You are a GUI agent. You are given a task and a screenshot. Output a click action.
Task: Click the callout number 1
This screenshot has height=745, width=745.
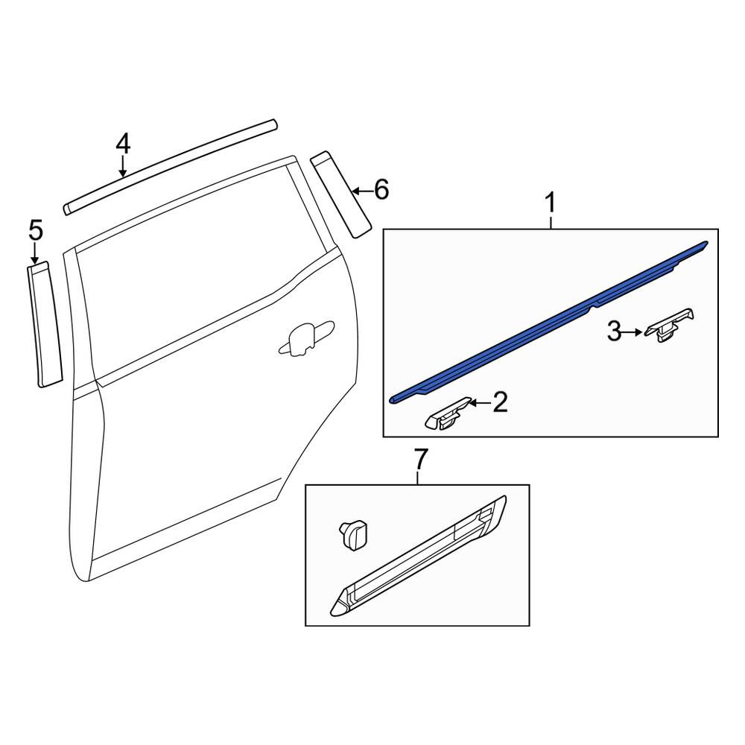551,203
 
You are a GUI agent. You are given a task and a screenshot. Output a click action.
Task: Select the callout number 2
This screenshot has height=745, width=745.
501,402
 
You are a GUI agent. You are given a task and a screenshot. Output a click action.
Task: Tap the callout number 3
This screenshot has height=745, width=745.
614,332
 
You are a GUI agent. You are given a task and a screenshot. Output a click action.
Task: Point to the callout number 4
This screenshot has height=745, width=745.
123,144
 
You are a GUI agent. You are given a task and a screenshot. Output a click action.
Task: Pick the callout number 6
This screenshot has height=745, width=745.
381,189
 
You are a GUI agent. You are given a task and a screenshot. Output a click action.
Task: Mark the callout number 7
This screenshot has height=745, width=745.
418,460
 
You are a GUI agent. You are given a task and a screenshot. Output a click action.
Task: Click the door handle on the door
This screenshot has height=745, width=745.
306,337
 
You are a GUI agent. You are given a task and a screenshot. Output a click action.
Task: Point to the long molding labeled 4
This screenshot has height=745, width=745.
170,167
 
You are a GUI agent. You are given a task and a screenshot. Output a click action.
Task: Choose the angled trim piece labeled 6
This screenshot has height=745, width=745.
340,194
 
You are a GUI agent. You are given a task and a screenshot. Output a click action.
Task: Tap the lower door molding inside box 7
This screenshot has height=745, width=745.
418,557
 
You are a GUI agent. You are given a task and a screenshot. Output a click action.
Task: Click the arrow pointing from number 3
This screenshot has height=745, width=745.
633,332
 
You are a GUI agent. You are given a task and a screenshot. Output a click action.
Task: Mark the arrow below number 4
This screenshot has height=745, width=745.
123,167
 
